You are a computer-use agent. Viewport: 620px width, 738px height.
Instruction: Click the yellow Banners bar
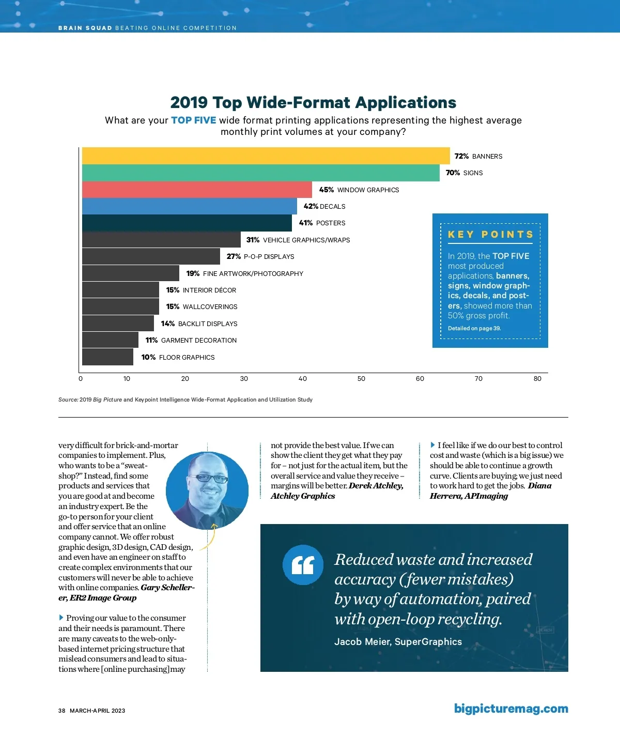pos(266,156)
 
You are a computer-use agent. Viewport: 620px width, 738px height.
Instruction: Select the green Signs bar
pos(260,173)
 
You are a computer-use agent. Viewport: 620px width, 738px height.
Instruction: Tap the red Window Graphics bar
pos(197,190)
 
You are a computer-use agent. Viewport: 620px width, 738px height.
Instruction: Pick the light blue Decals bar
pos(189,206)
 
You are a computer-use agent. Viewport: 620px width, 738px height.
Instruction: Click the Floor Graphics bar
pos(107,357)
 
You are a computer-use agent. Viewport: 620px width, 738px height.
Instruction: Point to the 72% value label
pos(461,156)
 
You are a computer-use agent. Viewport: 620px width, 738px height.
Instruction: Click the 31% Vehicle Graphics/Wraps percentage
pos(253,240)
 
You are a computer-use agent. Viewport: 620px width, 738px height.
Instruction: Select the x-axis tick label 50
pos(361,379)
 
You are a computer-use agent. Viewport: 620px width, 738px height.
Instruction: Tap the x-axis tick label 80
pos(537,379)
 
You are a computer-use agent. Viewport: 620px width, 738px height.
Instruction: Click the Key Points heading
pos(490,235)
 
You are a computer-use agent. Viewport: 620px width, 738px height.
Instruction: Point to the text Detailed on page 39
pos(474,329)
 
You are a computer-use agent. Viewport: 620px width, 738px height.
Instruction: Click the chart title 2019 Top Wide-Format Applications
pos(313,102)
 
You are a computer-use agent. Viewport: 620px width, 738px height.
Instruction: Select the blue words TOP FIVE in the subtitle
pos(193,120)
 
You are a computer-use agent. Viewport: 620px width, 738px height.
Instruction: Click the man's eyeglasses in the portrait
pos(208,478)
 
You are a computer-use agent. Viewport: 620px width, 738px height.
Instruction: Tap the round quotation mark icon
pos(303,565)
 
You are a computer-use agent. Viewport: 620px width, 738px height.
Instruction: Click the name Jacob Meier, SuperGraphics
pos(398,642)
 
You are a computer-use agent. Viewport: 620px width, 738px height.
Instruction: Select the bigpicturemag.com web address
pos(511,709)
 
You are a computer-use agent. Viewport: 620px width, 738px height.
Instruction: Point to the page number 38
pos(62,711)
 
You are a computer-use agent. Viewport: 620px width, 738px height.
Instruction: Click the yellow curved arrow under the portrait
pos(208,537)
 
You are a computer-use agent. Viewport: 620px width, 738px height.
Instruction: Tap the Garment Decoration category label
pos(198,341)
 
